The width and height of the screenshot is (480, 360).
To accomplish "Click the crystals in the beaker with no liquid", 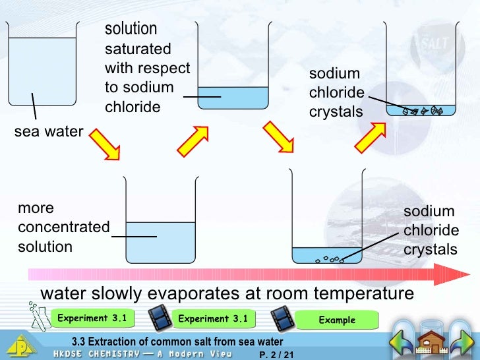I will (422, 111).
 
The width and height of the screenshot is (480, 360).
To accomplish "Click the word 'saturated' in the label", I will (138, 49).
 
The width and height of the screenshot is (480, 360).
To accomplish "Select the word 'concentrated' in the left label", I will (64, 227).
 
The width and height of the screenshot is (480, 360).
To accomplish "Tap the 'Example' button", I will (337, 320).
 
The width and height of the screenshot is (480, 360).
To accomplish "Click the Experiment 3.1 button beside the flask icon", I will (92, 318).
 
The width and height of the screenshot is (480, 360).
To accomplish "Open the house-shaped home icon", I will (434, 340).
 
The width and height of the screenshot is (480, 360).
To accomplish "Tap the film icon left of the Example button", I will (284, 320).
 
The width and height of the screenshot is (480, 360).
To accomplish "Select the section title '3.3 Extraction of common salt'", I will (177, 342).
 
